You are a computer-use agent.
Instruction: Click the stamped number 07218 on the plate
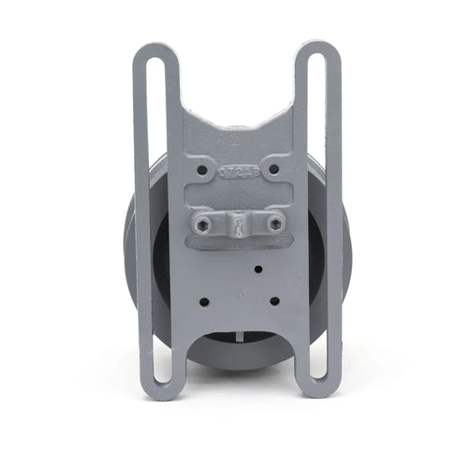click(x=238, y=173)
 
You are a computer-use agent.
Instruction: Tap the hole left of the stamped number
click(x=203, y=171)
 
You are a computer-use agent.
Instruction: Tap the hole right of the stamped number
click(x=273, y=171)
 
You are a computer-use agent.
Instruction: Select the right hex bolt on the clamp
click(x=275, y=224)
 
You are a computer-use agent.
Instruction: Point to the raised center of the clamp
click(x=240, y=225)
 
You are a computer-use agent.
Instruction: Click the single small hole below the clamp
click(x=257, y=270)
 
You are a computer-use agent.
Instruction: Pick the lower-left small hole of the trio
click(x=204, y=301)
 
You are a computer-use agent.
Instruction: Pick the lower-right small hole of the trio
click(x=274, y=301)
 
